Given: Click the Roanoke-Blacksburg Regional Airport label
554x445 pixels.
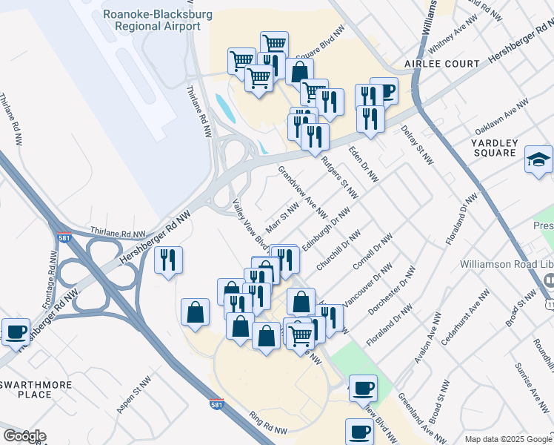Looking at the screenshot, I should (153, 20).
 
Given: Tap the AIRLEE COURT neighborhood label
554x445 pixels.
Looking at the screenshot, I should (442, 64).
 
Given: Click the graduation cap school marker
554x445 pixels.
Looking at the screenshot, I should (538, 159).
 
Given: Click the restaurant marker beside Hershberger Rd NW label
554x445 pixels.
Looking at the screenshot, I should (168, 260).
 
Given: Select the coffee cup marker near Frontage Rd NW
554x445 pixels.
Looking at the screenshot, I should (16, 332).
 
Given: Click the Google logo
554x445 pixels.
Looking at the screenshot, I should (24, 436).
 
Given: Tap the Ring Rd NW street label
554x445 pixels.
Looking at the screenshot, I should (267, 423).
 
